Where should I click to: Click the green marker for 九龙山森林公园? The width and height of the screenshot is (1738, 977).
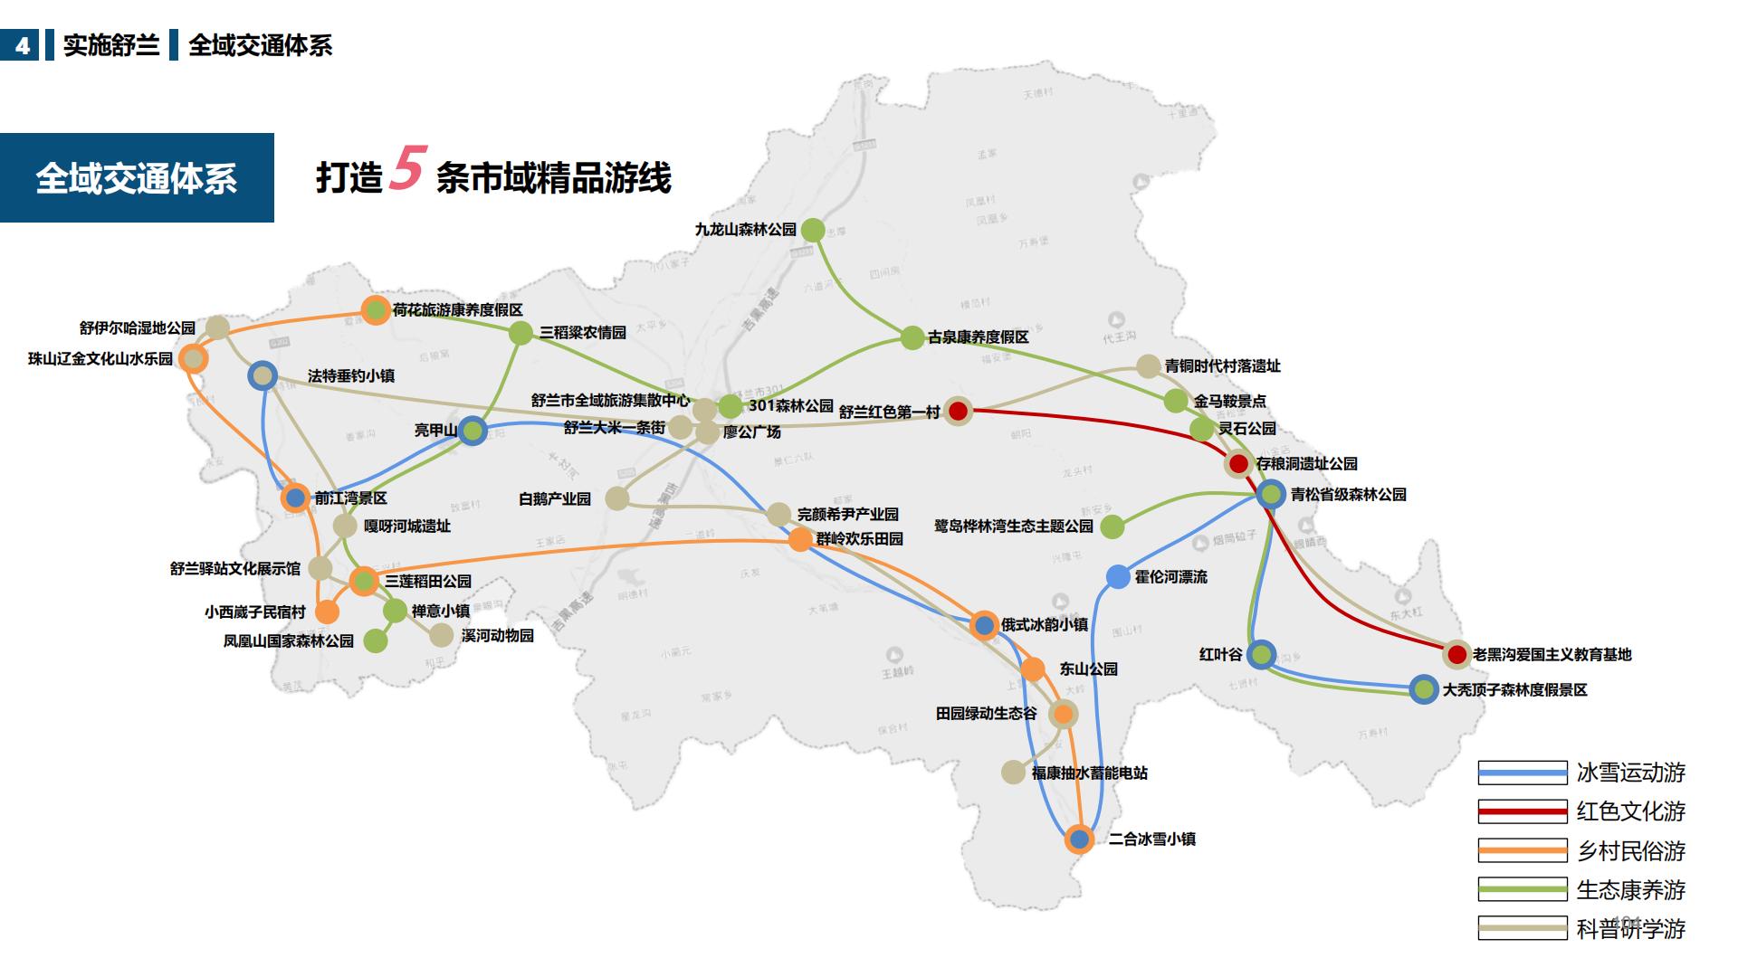(x=813, y=230)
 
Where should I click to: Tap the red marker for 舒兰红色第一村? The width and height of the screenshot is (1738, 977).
(x=958, y=411)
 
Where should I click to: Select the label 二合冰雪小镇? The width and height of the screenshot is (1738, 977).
(x=1151, y=839)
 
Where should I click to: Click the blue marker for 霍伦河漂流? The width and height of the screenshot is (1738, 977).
(x=1118, y=576)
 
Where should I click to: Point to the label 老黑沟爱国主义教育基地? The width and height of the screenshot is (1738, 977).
(x=1552, y=654)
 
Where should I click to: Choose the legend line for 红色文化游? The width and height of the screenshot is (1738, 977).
(x=1522, y=811)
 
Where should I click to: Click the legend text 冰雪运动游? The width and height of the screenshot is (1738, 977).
(x=1630, y=773)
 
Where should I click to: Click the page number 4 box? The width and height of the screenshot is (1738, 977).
(x=22, y=45)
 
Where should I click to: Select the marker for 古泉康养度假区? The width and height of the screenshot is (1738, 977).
(x=912, y=337)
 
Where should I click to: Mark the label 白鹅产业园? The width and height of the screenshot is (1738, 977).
(x=554, y=498)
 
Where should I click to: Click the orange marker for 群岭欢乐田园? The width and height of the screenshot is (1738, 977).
(x=800, y=539)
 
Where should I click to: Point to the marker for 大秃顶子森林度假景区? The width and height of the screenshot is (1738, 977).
(x=1424, y=689)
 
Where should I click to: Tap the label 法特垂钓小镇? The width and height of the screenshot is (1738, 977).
(x=350, y=375)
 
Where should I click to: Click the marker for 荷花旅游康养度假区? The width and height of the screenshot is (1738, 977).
(x=376, y=310)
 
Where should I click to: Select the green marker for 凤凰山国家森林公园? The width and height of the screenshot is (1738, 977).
(x=375, y=640)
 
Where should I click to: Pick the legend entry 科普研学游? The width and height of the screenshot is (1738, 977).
(x=1630, y=929)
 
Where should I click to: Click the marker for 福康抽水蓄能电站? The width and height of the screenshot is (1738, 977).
(x=1014, y=772)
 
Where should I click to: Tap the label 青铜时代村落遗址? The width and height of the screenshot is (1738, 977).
(x=1222, y=366)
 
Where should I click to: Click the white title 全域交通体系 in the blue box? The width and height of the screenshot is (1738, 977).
(x=136, y=178)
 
